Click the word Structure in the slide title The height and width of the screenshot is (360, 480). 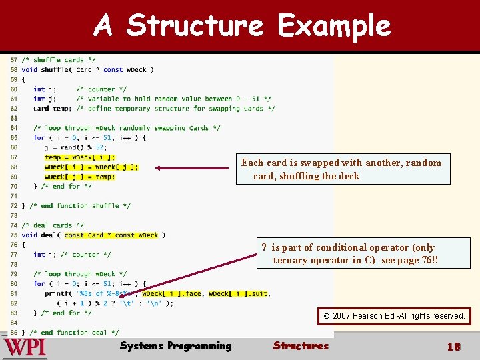195,26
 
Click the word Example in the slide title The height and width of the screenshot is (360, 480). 334,26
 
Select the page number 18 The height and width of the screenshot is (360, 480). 453,347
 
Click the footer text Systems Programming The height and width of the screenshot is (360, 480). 175,345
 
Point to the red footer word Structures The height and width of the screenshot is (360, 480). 301,345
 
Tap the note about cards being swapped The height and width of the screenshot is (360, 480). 341,169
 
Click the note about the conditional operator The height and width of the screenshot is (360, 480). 354,253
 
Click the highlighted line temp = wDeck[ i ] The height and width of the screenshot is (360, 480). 79,157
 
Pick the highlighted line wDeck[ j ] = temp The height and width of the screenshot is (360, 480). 79,177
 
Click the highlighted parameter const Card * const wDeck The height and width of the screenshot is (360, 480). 111,235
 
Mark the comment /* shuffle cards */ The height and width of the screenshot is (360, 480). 59,60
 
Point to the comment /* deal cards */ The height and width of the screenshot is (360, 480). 53,225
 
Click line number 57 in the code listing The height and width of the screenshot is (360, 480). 13,60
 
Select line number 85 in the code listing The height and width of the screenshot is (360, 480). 13,332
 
